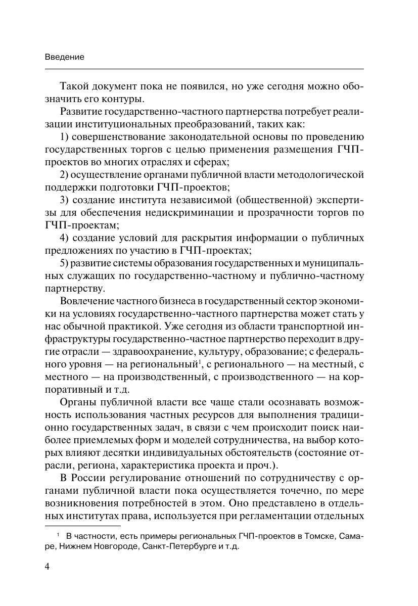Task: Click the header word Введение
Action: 64,57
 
